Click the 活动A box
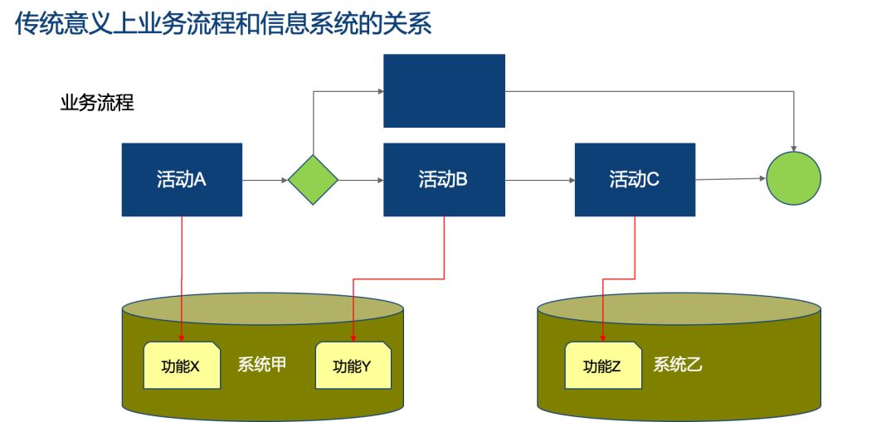(182, 180)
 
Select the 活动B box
(444, 180)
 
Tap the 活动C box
(635, 180)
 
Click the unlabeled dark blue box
(444, 91)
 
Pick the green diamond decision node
(313, 180)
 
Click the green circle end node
(794, 178)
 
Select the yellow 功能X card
(182, 366)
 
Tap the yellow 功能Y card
(353, 366)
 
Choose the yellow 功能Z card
(603, 366)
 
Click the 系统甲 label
(261, 364)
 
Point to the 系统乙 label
(678, 364)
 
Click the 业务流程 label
(97, 104)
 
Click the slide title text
(223, 24)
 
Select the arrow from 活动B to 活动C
(540, 181)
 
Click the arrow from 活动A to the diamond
(265, 181)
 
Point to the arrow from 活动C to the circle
(731, 179)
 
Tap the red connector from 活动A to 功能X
(182, 279)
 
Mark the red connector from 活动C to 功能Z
(620, 279)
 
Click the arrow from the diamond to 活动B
(361, 181)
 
